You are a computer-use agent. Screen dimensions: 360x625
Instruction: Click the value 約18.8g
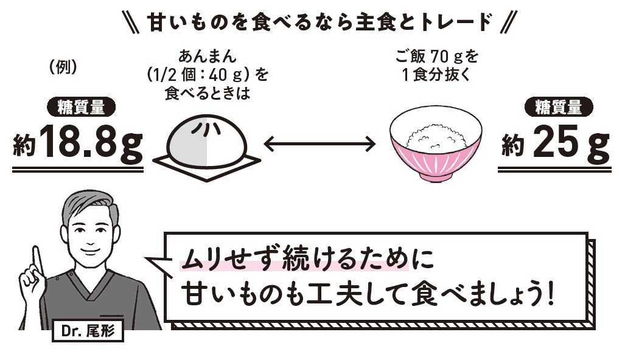(x=78, y=144)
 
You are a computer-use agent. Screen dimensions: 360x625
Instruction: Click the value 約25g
(x=555, y=144)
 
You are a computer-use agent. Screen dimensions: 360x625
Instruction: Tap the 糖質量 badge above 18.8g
(x=80, y=108)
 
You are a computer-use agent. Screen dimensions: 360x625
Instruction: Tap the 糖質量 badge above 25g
(x=558, y=108)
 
